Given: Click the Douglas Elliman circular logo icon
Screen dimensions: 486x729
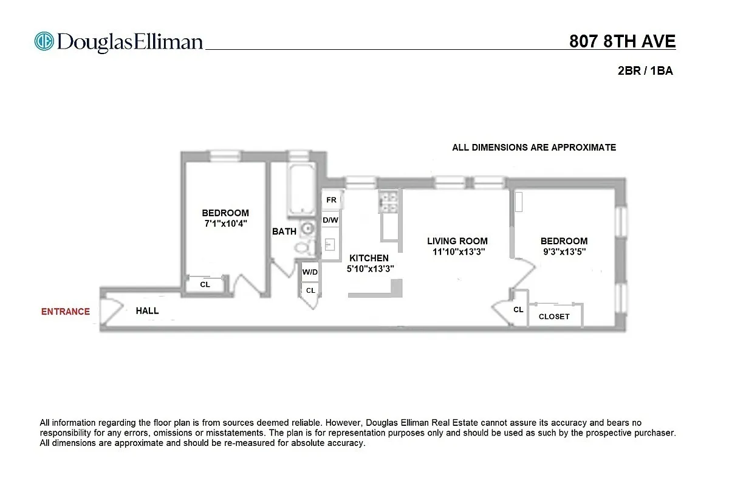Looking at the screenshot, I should [44, 41].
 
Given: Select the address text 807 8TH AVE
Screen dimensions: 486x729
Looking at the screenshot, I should [622, 41].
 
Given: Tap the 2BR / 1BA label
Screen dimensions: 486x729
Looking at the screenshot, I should [645, 71].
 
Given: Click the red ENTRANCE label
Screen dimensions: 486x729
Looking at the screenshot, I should [65, 312].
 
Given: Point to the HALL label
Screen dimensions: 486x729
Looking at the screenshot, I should [147, 311].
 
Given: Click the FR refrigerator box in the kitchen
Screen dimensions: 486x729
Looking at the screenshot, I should [331, 200].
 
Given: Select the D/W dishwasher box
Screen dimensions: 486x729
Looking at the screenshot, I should [330, 220].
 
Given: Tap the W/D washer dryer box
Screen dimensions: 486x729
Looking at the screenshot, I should [310, 272].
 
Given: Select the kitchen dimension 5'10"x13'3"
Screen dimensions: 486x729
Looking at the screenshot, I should [371, 268].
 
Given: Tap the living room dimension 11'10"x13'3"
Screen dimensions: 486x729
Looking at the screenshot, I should [457, 252].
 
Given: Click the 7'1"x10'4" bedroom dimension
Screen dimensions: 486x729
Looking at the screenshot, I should [225, 224].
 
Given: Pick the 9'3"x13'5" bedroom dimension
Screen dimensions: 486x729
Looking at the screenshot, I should [564, 252].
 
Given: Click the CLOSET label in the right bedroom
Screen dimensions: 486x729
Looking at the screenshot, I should [554, 317].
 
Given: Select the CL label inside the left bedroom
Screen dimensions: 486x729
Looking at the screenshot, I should [205, 284].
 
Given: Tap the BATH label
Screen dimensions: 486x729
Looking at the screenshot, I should [284, 231].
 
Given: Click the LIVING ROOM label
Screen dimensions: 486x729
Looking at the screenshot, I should [457, 241].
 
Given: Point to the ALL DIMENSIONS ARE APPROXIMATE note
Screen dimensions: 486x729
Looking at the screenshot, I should [533, 148].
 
